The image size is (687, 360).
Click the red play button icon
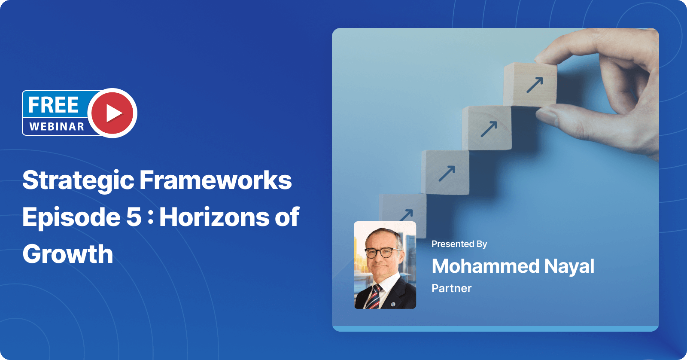click(112, 113)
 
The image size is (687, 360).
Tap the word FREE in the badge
click(53, 105)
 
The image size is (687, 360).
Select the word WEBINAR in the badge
click(57, 127)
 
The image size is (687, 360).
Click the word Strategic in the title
click(78, 180)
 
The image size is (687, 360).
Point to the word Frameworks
click(216, 180)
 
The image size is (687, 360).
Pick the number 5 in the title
click(134, 217)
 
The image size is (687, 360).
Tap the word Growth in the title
click(68, 254)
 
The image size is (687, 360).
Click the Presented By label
click(459, 244)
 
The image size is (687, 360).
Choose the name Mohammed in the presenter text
click(485, 266)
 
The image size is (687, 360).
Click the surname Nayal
click(569, 267)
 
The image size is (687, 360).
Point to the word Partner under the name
click(451, 288)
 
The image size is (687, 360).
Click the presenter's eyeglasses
click(383, 252)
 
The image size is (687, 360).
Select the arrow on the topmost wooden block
click(535, 85)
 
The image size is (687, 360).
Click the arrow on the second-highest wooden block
click(489, 129)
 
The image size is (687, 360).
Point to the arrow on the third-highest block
click(447, 173)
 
